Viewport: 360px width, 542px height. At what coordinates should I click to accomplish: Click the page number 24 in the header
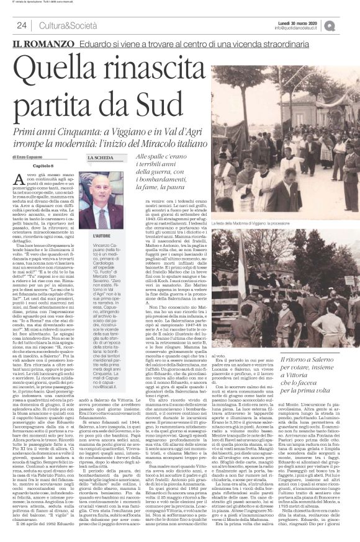(x=21, y=25)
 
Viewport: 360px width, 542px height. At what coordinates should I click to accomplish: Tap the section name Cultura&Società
(x=58, y=25)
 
